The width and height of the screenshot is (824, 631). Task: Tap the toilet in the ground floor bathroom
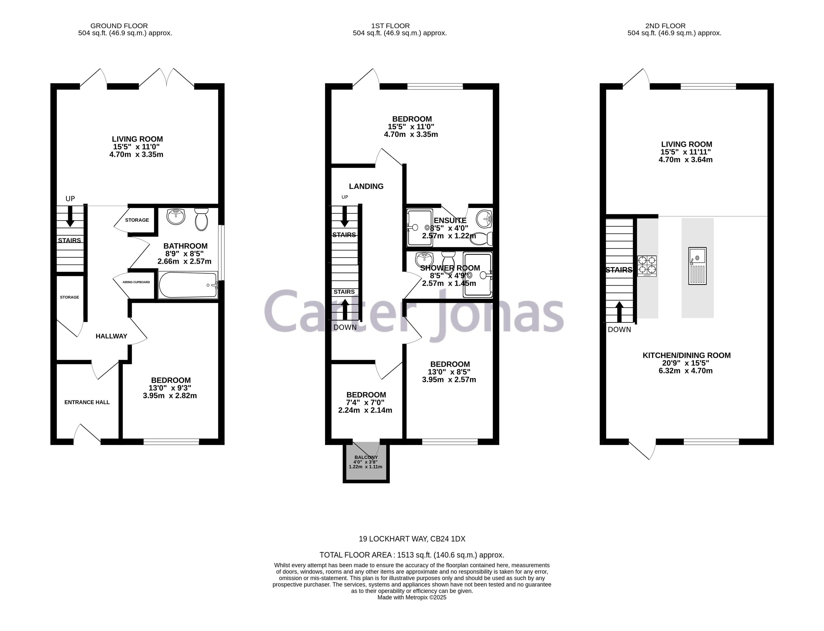pos(201,220)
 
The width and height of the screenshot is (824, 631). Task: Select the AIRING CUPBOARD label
pos(136,282)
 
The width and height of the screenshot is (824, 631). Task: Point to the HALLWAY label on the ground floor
pos(111,336)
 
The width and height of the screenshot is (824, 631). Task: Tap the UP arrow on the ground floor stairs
pos(70,218)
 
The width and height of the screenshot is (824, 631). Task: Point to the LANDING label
pos(366,186)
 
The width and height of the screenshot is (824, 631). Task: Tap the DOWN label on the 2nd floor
pos(619,330)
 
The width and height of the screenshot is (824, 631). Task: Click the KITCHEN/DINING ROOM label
pos(687,355)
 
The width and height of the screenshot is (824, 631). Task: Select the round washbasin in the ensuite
pos(484,219)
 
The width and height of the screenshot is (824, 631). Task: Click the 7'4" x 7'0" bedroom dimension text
pos(365,403)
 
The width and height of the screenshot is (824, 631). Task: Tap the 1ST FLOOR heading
pos(390,26)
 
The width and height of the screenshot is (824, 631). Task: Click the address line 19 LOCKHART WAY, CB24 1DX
pos(412,539)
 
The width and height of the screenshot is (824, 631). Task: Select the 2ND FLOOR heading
pos(665,26)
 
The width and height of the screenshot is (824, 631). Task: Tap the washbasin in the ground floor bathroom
pos(176,217)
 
